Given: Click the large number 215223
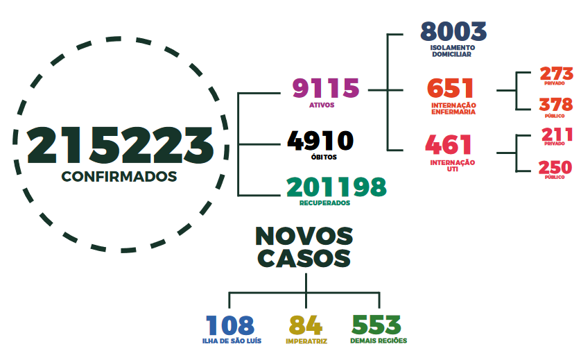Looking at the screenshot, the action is click(x=121, y=145).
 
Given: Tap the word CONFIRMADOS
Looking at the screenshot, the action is click(x=119, y=176).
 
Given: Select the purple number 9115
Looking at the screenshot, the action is click(x=326, y=88).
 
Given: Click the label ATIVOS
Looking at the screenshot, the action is click(x=322, y=105).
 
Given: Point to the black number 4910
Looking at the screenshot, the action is click(x=320, y=141).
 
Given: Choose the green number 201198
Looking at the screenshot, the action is click(x=336, y=187).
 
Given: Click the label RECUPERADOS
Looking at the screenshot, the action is click(x=324, y=203).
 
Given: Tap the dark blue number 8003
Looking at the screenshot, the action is click(x=453, y=31).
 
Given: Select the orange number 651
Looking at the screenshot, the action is click(x=450, y=88).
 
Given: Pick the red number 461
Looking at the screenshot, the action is click(x=449, y=144).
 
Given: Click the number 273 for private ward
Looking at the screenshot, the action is click(x=556, y=74).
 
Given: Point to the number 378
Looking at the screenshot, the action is click(x=556, y=105).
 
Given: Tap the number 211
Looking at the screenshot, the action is click(x=557, y=135).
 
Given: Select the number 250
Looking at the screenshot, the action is click(x=555, y=167).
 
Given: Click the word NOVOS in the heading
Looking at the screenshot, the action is click(x=304, y=236).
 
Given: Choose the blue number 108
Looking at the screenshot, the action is click(x=230, y=325).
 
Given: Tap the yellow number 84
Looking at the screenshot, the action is click(x=306, y=325).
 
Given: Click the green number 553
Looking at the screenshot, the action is click(x=376, y=325).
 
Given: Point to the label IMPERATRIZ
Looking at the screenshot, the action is click(x=306, y=341).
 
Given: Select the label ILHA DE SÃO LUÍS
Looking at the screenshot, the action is click(x=232, y=341).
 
